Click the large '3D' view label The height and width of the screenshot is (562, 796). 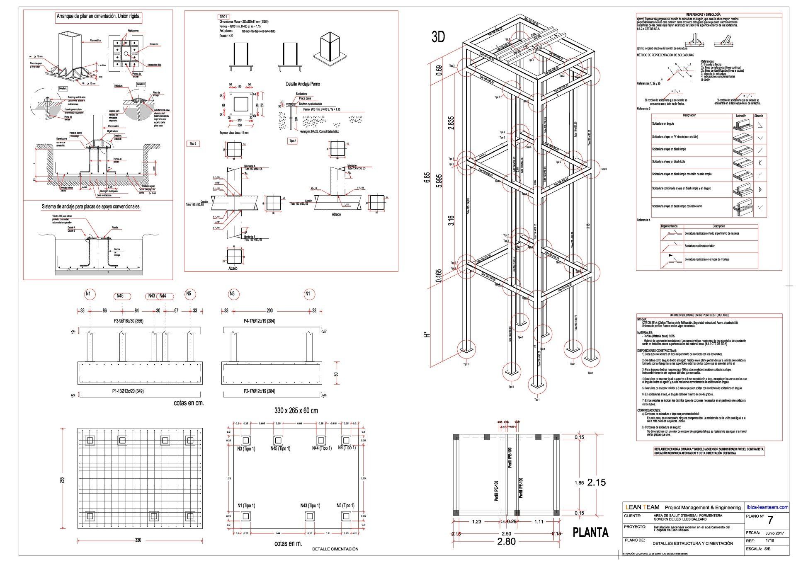pyautogui.click(x=438, y=37)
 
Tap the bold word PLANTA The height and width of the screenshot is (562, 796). pyautogui.click(x=590, y=532)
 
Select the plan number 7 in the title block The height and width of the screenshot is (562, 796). pyautogui.click(x=770, y=520)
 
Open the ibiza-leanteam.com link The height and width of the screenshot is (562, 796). pyautogui.click(x=767, y=507)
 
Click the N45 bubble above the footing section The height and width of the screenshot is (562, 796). pyautogui.click(x=120, y=296)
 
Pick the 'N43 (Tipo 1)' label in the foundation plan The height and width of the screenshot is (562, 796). pyautogui.click(x=310, y=505)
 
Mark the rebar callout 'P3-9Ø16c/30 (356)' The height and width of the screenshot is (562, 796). pyautogui.click(x=129, y=321)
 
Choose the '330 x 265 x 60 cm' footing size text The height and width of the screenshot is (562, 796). pyautogui.click(x=296, y=411)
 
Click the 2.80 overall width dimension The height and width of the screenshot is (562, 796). pyautogui.click(x=506, y=541)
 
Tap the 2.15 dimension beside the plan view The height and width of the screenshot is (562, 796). pyautogui.click(x=596, y=482)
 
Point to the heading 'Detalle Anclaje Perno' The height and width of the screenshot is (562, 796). pyautogui.click(x=303, y=84)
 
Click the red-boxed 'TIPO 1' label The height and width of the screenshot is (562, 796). pyautogui.click(x=223, y=17)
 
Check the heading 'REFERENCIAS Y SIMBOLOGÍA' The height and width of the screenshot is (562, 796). pyautogui.click(x=709, y=15)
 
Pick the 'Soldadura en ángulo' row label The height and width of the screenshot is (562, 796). pyautogui.click(x=663, y=124)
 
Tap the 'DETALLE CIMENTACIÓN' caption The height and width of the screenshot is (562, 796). pyautogui.click(x=335, y=549)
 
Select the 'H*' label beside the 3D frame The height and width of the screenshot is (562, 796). pyautogui.click(x=427, y=334)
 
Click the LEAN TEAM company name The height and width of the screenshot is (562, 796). pyautogui.click(x=642, y=507)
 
